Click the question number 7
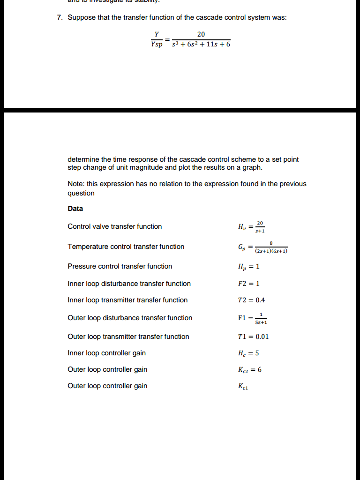[x=59, y=17]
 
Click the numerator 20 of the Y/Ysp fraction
[x=201, y=34]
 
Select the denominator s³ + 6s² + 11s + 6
[x=201, y=45]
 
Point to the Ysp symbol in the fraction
[x=157, y=45]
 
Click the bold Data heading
[x=75, y=209]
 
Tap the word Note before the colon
[x=75, y=184]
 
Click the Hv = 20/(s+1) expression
[x=251, y=226]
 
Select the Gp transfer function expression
[x=263, y=247]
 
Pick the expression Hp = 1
[x=249, y=266]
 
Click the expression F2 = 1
[x=249, y=284]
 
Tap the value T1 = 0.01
[x=254, y=337]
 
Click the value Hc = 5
[x=249, y=353]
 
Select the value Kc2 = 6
[x=250, y=369]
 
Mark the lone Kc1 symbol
[x=242, y=386]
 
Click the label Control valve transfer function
[x=115, y=226]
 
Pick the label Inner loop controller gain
[x=107, y=353]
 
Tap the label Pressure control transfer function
[x=120, y=266]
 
